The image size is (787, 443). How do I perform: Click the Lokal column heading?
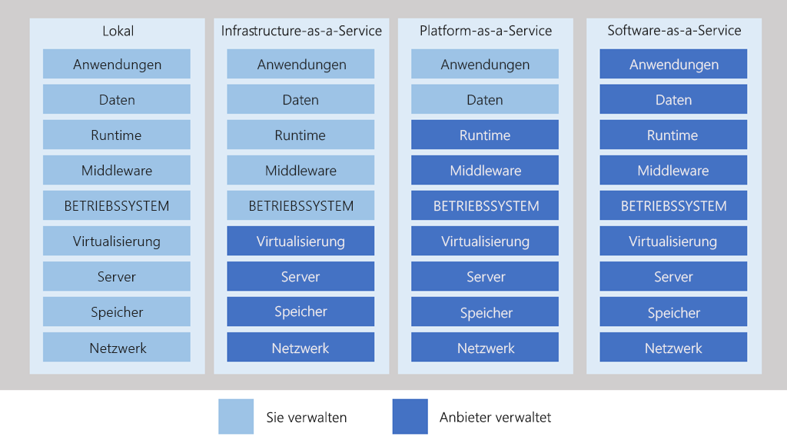118,31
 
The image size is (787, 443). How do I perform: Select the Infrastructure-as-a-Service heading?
301,31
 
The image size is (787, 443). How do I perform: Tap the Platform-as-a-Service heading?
486,31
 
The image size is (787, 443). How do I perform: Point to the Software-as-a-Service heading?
674,31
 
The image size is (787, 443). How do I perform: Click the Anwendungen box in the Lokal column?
117,65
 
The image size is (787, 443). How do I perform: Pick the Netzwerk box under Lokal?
117,348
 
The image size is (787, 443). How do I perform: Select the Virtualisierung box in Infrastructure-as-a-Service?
301,241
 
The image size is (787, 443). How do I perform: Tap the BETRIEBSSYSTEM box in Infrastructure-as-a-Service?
301,206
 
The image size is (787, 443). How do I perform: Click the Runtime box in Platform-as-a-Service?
485,135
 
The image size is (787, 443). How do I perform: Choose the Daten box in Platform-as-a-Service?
485,100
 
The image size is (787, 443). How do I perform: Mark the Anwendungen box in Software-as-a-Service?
673,65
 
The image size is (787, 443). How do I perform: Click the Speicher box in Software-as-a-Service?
673,312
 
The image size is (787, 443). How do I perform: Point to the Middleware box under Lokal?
117,171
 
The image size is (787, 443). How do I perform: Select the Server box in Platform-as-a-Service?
485,277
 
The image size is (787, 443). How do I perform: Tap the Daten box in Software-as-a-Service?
673,100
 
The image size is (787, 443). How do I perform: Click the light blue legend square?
237,416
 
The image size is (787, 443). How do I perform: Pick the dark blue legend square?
410,416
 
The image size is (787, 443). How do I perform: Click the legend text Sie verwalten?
307,418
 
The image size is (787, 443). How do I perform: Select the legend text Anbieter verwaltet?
495,418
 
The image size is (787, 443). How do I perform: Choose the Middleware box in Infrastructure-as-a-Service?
301,171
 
